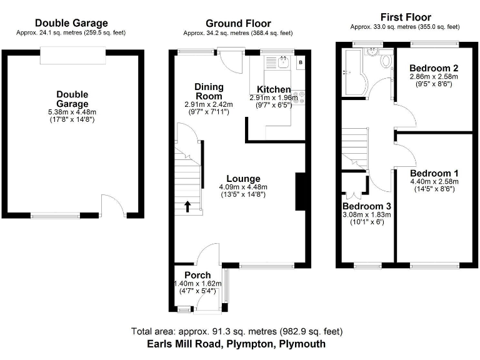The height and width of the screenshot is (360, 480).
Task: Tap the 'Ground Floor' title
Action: click(x=238, y=24)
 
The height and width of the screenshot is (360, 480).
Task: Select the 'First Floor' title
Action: click(x=405, y=17)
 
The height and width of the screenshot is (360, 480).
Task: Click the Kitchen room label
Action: click(x=272, y=89)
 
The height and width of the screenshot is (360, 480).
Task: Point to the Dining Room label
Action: click(x=208, y=92)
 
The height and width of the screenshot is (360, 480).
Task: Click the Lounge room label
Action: click(x=243, y=179)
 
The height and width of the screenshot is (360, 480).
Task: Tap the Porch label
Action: click(x=197, y=275)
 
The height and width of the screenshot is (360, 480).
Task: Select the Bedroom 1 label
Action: click(x=434, y=173)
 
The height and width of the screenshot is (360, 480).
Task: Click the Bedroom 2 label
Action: click(x=434, y=67)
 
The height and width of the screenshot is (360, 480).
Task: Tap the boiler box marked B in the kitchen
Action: click(x=300, y=62)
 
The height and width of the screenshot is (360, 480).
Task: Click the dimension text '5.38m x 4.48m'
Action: click(x=72, y=112)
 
